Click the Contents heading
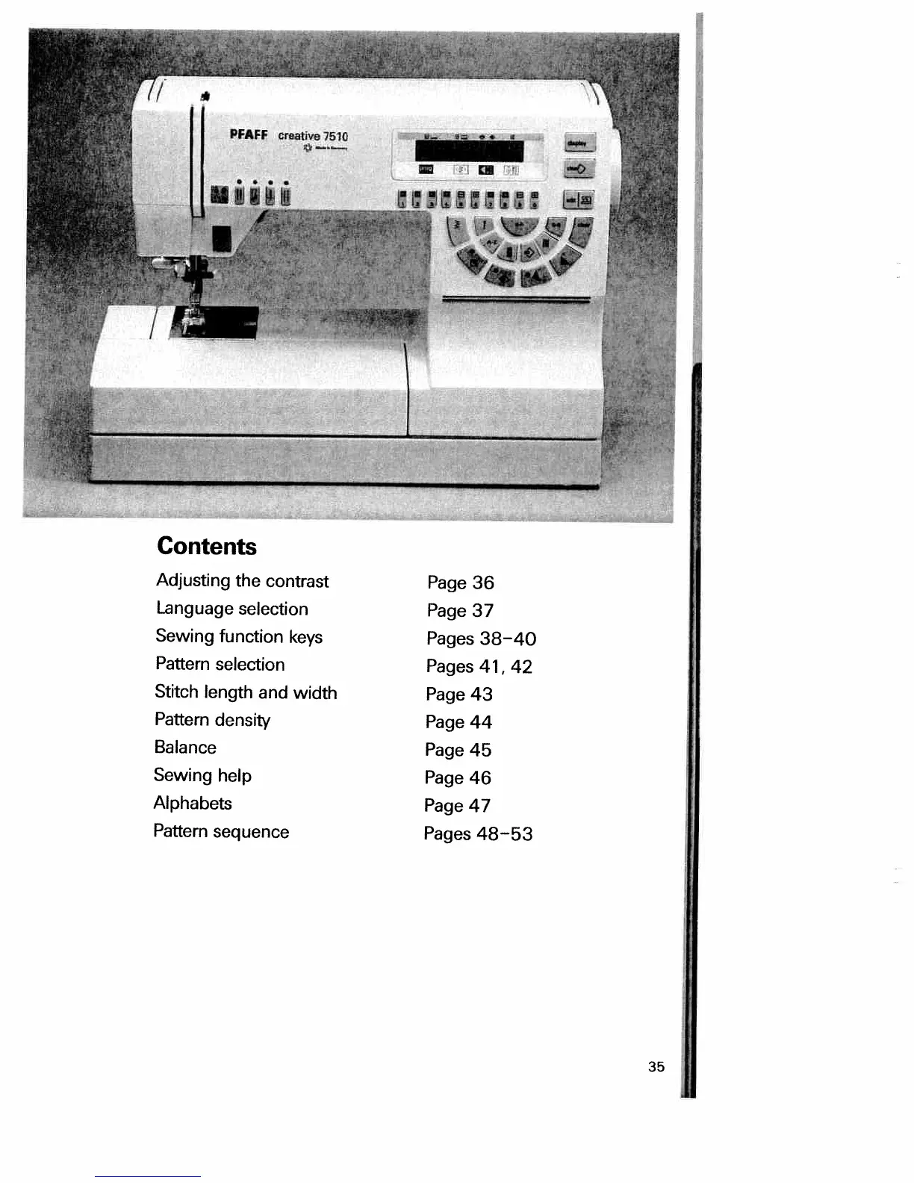coord(207,546)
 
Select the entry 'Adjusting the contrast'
coord(243,581)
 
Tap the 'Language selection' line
coord(232,609)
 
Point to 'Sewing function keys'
coord(239,636)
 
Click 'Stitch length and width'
coord(246,692)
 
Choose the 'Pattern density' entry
coord(212,720)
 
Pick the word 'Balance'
coord(185,748)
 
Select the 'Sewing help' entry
coord(202,775)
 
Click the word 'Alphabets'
coord(193,804)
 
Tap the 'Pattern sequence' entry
coord(221,831)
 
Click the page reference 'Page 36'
coord(461,583)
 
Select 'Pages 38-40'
coord(482,639)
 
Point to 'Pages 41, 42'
coord(479,666)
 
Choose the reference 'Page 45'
coord(458,750)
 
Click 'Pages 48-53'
coord(478,833)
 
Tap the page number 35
coord(656,1066)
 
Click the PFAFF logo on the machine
coord(249,134)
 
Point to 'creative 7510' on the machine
coord(313,136)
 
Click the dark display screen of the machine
coord(469,151)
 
